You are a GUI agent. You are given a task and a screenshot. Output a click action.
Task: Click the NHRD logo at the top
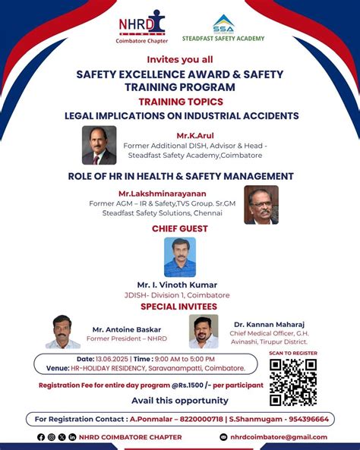(x=141, y=25)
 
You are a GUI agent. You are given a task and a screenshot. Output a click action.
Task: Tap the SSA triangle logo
(x=223, y=24)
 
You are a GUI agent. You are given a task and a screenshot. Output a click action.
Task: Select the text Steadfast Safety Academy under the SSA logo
(x=224, y=38)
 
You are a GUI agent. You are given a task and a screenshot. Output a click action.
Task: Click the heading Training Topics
(x=180, y=101)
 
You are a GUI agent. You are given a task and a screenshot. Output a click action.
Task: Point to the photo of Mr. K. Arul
(x=99, y=145)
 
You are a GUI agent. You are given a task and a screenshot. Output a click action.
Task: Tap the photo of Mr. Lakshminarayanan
(x=261, y=205)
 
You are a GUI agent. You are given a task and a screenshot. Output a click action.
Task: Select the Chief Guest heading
(x=180, y=228)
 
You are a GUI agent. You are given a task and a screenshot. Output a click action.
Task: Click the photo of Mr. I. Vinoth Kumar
(x=180, y=256)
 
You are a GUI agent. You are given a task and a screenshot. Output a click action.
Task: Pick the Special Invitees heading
(x=179, y=307)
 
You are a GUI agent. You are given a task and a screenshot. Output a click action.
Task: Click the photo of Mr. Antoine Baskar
(x=62, y=332)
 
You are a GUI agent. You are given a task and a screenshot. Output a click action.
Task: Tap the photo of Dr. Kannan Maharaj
(x=204, y=332)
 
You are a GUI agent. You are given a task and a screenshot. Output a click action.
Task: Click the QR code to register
(x=292, y=382)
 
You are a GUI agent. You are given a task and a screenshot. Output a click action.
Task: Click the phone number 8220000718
(x=204, y=419)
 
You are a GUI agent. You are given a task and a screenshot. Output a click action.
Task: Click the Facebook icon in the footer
(x=41, y=437)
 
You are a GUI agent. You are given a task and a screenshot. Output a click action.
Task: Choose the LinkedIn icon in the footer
(x=72, y=437)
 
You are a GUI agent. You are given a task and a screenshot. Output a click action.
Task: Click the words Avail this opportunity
(x=179, y=400)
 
